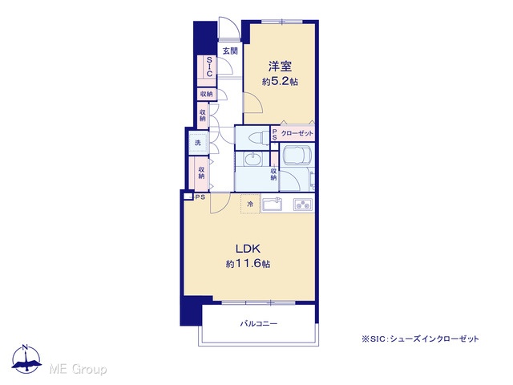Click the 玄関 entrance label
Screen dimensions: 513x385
230,51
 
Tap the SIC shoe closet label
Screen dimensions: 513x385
209,67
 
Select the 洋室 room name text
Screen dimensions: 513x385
280,67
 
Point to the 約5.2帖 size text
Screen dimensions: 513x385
280,82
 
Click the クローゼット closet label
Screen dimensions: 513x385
297,133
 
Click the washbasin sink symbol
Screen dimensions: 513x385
252,160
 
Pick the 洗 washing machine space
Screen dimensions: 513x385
198,143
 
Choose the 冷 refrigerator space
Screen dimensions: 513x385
250,204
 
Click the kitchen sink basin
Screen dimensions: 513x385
273,205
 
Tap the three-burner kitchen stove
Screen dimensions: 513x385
303,205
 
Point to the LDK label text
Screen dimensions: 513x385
248,249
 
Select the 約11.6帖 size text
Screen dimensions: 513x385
248,264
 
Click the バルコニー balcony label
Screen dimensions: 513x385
259,324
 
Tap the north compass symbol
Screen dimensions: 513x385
26,359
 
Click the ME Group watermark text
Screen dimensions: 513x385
78,369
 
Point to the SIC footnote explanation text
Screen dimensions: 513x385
420,339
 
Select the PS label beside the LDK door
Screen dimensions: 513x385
200,197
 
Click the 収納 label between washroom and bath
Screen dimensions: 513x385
274,174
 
